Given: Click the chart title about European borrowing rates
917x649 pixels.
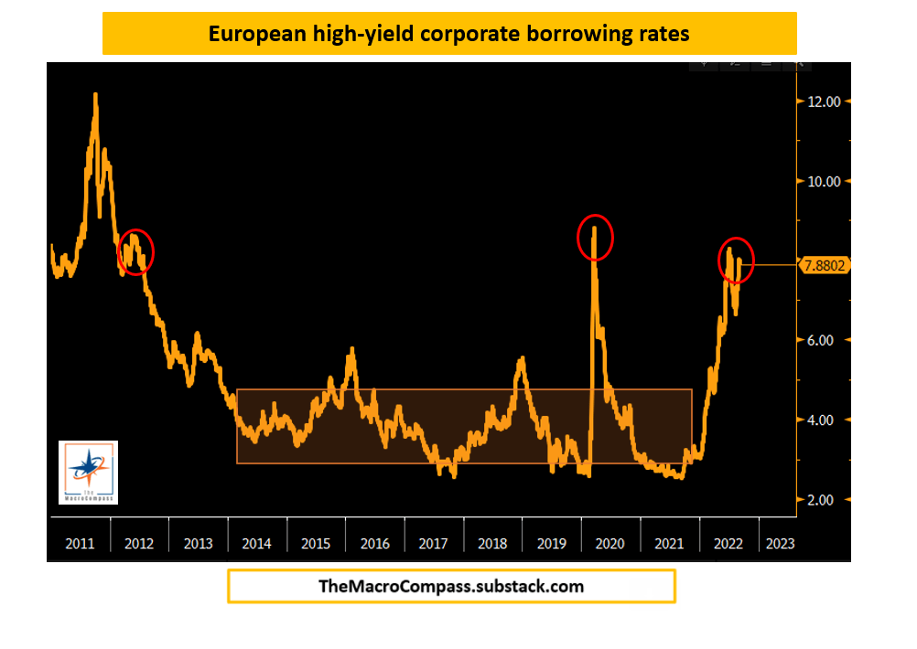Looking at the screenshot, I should tap(448, 34).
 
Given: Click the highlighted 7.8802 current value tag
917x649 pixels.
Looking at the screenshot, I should tap(827, 265).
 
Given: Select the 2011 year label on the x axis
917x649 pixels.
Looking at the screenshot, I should tap(80, 543).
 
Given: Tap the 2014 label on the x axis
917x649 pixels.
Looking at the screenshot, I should tap(257, 543).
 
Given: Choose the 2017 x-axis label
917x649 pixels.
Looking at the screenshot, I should tap(434, 543).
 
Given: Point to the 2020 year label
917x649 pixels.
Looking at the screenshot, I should tap(610, 543).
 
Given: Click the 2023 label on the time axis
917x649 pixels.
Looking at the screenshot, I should tap(780, 543).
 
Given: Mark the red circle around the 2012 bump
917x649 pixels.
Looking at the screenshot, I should tap(135, 251).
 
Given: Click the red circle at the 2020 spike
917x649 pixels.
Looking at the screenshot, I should tap(595, 238).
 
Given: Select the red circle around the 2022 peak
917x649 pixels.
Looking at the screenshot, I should tap(735, 261).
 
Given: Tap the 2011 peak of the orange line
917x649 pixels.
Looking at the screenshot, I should tap(95, 95).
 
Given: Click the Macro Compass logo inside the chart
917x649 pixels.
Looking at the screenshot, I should tap(88, 472).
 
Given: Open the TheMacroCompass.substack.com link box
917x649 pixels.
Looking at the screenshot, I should tap(451, 587).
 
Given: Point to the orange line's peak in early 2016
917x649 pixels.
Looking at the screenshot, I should tap(352, 350).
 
